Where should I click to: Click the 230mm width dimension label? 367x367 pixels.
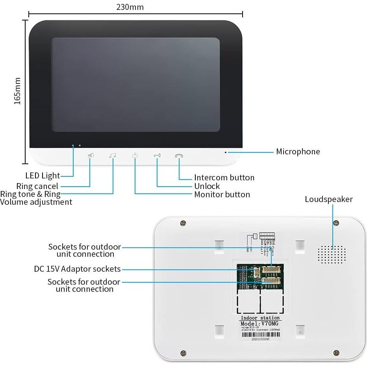pos(130,7)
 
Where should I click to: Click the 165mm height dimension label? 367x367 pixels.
pos(17,91)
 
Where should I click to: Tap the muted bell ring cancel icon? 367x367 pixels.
pos(91,156)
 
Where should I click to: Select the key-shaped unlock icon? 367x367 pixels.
pos(157,156)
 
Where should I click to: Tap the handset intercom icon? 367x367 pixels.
pos(179,156)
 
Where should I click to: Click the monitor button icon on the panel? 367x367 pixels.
pos(135,156)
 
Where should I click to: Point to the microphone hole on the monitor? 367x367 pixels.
pos(226,152)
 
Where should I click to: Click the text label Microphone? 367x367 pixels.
pos(298,152)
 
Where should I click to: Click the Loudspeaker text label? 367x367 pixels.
pos(328,199)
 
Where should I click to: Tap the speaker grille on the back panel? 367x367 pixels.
pos(332,255)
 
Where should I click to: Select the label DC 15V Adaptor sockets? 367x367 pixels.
pos(77,269)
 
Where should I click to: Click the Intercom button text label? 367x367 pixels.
pos(224,178)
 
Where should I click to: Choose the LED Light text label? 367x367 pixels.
pos(43,176)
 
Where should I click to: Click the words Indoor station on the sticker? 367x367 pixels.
pos(260,317)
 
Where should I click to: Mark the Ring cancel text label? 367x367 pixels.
pos(37,186)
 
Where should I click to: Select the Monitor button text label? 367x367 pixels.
pos(222,195)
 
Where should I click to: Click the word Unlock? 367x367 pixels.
pos(207,186)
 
